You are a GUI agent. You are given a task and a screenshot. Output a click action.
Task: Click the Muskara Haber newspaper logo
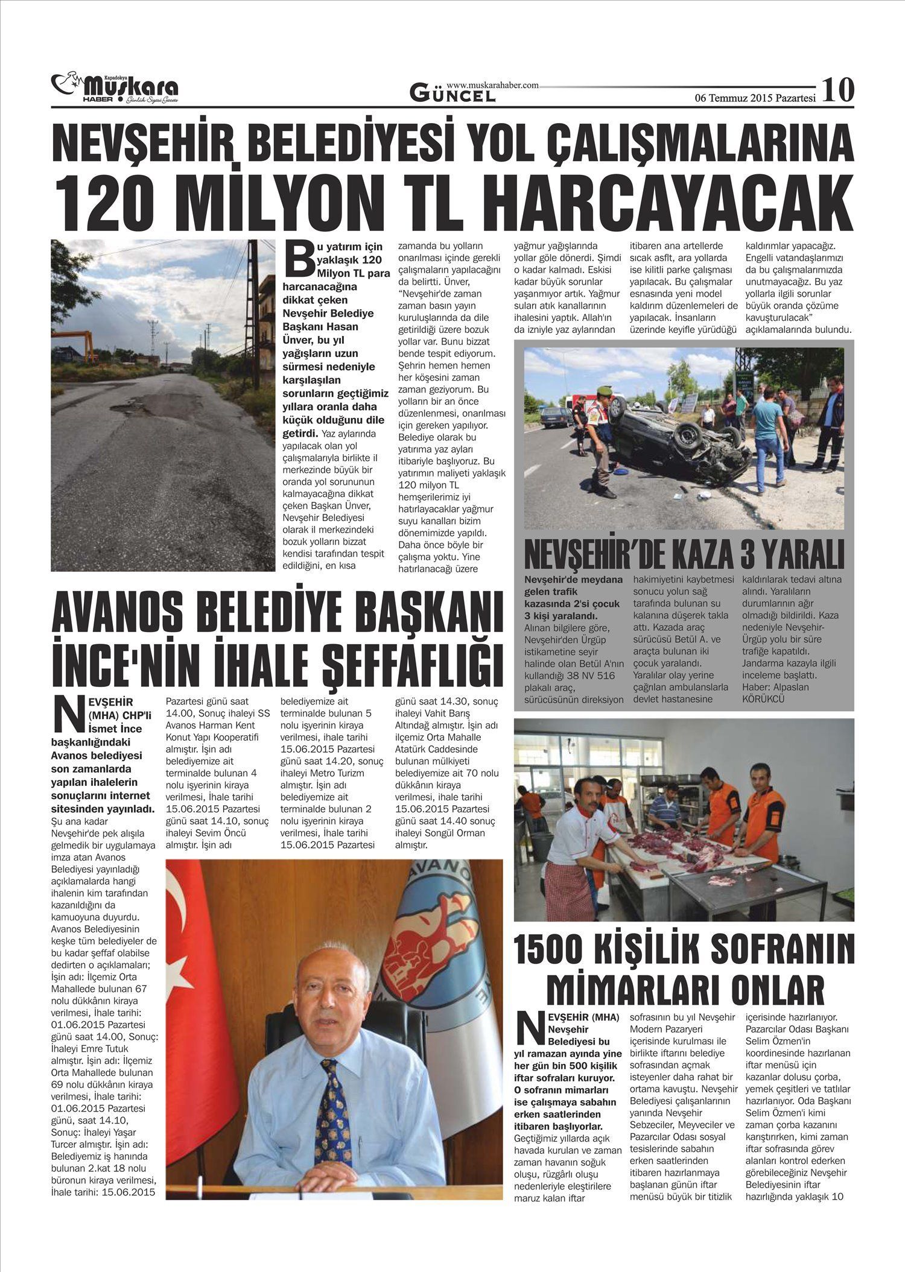pyautogui.click(x=115, y=88)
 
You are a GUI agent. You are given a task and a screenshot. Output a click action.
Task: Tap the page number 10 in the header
pyautogui.click(x=838, y=90)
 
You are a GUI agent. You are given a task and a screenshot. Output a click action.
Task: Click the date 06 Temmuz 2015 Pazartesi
pyautogui.click(x=755, y=98)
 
